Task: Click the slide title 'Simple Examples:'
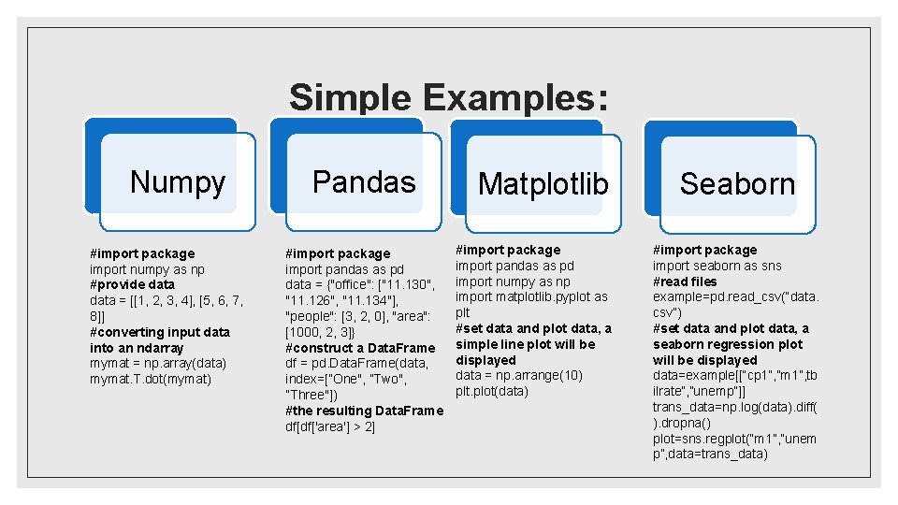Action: click(449, 97)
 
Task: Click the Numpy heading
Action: click(178, 181)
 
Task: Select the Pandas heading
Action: click(364, 181)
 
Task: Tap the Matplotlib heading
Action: click(543, 184)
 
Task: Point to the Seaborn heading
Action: click(737, 184)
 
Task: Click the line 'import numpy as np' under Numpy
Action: click(147, 269)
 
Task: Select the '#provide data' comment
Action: click(132, 284)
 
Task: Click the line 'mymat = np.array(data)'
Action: click(158, 363)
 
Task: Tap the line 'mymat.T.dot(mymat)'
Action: click(151, 379)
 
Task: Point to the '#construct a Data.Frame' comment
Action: click(360, 348)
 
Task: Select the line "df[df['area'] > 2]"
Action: click(330, 426)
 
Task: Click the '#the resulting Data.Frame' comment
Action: click(364, 411)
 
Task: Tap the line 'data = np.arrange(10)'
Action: click(518, 375)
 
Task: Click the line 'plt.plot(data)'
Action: click(492, 391)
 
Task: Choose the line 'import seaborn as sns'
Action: click(717, 266)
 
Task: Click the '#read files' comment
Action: click(685, 281)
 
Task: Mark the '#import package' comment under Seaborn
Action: click(704, 250)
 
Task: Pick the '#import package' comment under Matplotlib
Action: click(508, 250)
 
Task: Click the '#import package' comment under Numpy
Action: click(142, 253)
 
